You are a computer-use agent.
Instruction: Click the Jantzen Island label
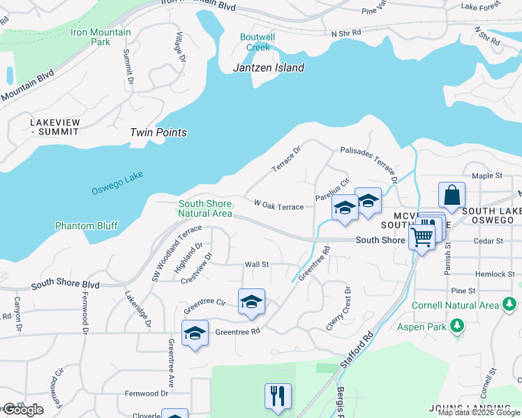(269, 68)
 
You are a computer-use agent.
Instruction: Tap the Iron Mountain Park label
(100, 37)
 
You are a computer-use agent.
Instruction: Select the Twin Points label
(158, 132)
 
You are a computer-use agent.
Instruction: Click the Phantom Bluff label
(87, 226)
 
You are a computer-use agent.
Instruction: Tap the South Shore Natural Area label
(204, 208)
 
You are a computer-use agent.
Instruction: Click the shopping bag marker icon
(452, 196)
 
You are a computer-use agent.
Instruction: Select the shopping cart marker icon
(422, 238)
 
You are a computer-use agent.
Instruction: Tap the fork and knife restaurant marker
(278, 396)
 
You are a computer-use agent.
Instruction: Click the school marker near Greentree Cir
(251, 302)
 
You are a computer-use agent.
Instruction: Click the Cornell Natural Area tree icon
(509, 304)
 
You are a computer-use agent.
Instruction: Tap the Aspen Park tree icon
(457, 326)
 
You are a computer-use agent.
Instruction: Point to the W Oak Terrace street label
(278, 206)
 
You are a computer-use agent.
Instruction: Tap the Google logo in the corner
(22, 410)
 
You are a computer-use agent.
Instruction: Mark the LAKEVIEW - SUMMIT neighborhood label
(55, 127)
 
